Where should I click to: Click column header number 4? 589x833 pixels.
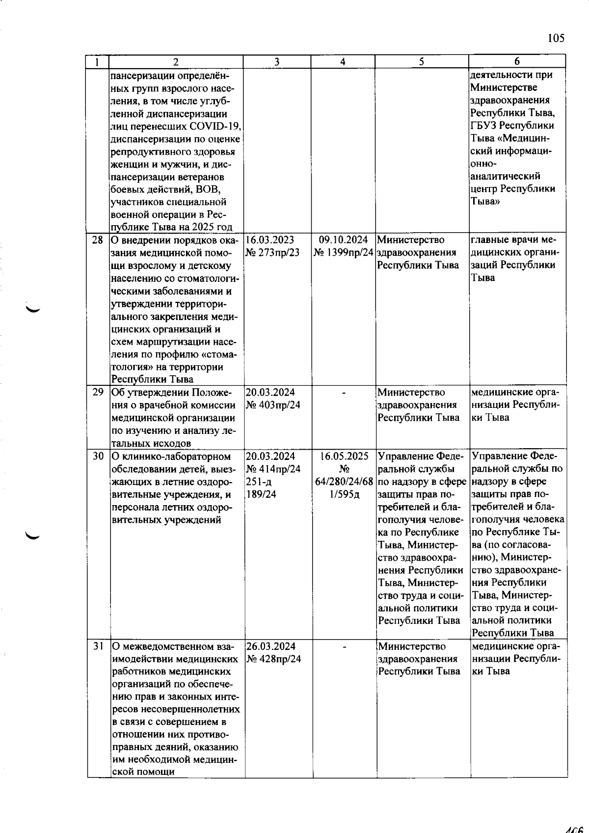coord(343,62)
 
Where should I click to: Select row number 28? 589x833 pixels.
coord(98,240)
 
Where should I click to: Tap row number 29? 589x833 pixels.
coord(98,393)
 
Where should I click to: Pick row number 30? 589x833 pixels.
coord(98,457)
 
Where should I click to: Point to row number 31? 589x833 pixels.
coord(98,646)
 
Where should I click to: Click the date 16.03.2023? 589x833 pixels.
coord(270,240)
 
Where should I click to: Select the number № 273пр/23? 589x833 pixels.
coord(273,253)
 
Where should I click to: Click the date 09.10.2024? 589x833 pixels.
coord(344,240)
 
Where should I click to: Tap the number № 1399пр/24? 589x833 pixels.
coord(344,253)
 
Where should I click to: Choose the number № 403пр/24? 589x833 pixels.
coord(273,405)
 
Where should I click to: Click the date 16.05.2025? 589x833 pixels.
coord(344,457)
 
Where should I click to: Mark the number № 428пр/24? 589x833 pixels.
coord(274,659)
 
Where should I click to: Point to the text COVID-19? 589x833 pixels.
coord(216,126)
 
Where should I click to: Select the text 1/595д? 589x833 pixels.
coord(345,494)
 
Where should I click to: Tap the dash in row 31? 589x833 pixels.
coord(344,647)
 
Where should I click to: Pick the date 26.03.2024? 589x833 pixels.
coord(270,646)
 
